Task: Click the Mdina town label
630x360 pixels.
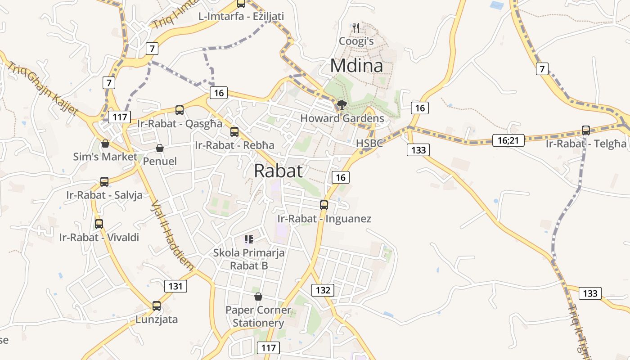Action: [x=356, y=66]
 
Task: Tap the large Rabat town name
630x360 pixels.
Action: [x=278, y=171]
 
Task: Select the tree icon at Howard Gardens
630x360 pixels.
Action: [x=342, y=105]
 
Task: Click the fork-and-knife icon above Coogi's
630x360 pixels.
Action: [x=356, y=28]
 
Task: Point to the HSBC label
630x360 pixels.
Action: [x=369, y=143]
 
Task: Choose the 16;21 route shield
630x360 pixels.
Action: [x=508, y=140]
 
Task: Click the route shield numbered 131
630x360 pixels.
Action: [x=175, y=286]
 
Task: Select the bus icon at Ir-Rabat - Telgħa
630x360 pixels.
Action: [x=585, y=130]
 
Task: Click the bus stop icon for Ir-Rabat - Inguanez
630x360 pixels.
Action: [x=324, y=205]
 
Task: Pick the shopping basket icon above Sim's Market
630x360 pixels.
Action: [x=105, y=144]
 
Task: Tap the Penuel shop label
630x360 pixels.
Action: [x=160, y=161]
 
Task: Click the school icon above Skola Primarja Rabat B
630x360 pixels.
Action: [x=249, y=239]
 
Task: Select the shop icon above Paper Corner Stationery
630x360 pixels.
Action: [x=258, y=297]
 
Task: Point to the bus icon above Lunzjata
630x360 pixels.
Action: [x=157, y=306]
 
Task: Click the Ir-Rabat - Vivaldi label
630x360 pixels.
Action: [x=99, y=238]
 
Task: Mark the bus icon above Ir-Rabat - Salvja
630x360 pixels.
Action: [x=104, y=182]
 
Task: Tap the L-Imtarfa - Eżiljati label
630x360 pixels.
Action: [x=241, y=16]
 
